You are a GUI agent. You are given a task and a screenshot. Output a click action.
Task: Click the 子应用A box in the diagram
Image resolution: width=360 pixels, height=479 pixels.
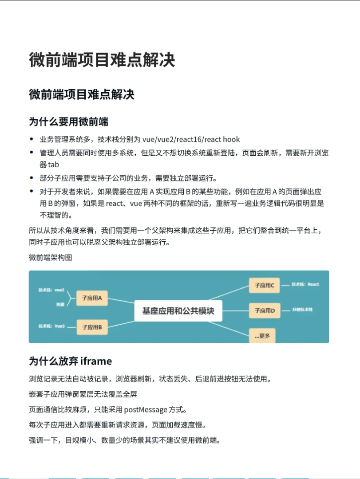tap(92, 298)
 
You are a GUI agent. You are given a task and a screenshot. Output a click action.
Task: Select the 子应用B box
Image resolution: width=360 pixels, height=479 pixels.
tap(92, 327)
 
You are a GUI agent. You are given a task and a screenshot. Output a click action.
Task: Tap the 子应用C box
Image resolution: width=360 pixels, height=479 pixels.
tap(265, 285)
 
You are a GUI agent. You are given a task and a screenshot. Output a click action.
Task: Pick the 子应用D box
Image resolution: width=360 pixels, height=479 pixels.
tap(265, 310)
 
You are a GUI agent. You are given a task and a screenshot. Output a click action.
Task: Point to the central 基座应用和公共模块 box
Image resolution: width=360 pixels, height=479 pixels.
tap(178, 311)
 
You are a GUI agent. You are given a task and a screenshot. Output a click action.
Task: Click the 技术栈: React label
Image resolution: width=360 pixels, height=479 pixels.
tap(305, 284)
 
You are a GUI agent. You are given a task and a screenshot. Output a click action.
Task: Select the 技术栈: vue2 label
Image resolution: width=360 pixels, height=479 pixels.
tap(51, 290)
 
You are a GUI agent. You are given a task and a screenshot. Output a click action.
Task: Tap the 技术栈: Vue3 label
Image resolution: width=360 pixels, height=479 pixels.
tap(51, 326)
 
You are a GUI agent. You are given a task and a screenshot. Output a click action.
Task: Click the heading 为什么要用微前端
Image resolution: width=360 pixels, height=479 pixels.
tap(69, 121)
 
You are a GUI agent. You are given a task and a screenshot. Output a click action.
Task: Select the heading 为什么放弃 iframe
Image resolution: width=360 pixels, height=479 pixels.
tap(70, 361)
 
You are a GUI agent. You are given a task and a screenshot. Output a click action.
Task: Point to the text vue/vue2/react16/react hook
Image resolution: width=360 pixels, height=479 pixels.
tap(191, 139)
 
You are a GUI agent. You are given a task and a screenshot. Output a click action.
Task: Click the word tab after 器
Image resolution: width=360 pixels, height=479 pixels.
tap(54, 165)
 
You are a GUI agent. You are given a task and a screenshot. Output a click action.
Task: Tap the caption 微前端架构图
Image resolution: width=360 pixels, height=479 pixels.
tap(50, 257)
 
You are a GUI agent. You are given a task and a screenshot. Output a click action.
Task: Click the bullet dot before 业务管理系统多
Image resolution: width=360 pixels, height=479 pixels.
tap(31, 139)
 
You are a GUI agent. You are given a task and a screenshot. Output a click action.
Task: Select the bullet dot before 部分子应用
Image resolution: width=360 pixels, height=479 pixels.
tap(31, 178)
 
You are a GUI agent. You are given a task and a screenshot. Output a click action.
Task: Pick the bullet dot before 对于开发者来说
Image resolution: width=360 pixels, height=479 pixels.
tap(31, 192)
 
